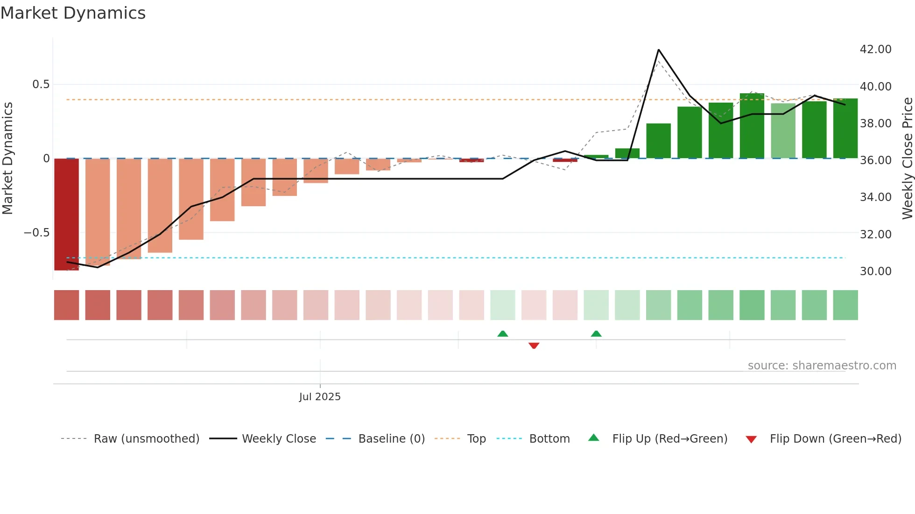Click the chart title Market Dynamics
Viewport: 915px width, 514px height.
[73, 13]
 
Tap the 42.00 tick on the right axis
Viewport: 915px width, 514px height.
[875, 49]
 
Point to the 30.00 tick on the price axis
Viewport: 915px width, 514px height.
[875, 271]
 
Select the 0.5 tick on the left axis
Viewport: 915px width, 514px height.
[41, 84]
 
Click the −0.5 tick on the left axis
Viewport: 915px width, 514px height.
[37, 233]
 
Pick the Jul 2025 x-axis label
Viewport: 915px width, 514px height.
[320, 397]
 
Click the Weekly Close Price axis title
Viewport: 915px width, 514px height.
[907, 158]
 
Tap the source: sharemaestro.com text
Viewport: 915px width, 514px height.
[822, 366]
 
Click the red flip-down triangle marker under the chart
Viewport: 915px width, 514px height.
[534, 346]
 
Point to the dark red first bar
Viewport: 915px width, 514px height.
[67, 215]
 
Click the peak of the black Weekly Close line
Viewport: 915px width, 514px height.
[658, 50]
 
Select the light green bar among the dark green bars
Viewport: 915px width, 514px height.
[783, 131]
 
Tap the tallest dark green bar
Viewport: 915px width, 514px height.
[752, 126]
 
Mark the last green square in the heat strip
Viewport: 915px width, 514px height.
[845, 305]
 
